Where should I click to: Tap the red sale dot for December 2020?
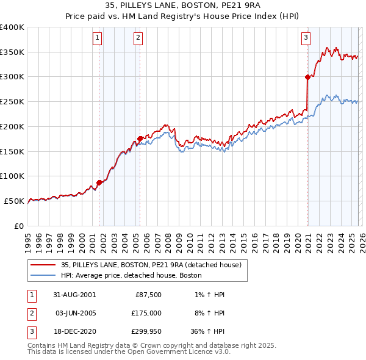point(307,77)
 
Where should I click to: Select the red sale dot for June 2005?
point(140,139)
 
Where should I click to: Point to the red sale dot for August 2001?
point(99,182)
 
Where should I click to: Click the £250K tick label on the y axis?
point(12,102)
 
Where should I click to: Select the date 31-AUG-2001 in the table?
point(75,295)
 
